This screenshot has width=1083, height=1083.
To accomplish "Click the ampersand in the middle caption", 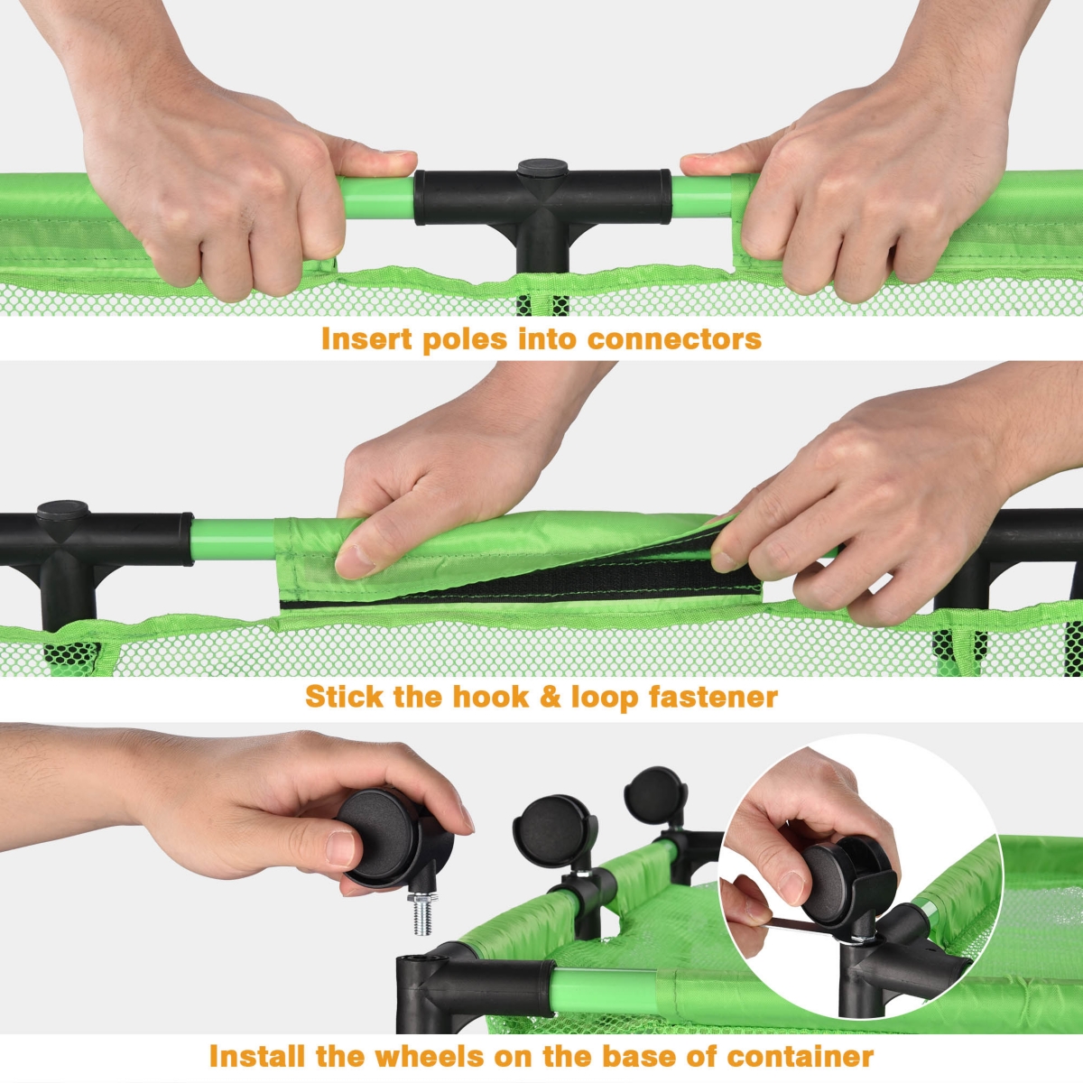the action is coord(550,697).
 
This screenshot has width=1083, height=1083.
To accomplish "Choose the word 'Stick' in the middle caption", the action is coord(344,697).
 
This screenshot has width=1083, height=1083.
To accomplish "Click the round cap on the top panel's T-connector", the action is coord(542,167).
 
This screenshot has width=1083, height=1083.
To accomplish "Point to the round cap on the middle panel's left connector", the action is coord(63,510).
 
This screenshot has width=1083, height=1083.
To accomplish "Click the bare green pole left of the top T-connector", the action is coord(377,198).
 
